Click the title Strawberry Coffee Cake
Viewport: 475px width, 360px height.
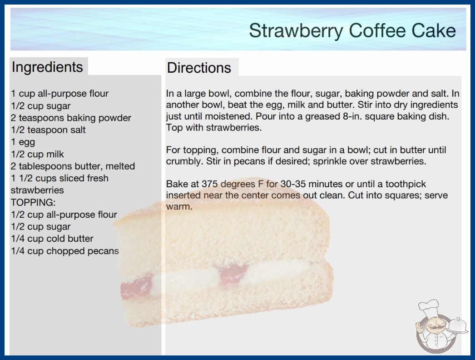(352, 30)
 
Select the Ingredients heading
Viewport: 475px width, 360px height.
(47, 67)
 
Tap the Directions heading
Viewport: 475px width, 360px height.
(199, 68)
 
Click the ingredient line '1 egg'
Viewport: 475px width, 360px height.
(23, 142)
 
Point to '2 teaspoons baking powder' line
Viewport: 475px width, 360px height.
(71, 118)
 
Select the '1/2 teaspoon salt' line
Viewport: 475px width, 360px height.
(48, 130)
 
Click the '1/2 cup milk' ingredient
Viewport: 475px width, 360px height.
(37, 155)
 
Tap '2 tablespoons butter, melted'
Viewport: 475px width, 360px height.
(73, 166)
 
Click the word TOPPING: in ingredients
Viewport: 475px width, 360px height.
(33, 202)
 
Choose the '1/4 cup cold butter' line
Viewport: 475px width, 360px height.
(52, 239)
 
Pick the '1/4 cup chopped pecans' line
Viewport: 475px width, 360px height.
(65, 251)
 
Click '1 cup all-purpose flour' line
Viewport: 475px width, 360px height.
(59, 94)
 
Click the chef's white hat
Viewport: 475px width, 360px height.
(429, 308)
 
